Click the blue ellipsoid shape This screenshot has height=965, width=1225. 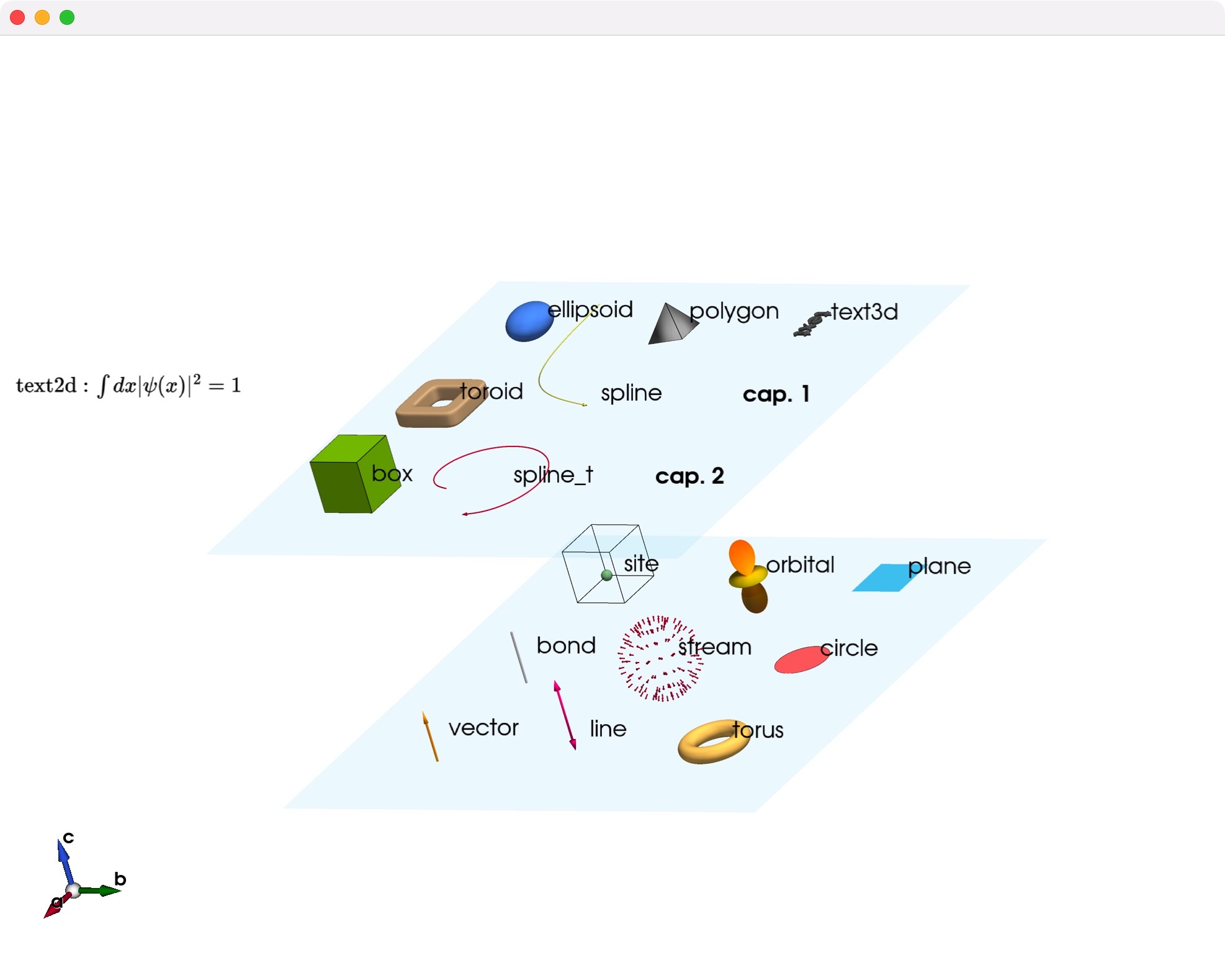529,322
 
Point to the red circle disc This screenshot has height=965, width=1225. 801,659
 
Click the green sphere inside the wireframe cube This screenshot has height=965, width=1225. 607,576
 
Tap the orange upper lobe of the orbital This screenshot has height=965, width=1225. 742,556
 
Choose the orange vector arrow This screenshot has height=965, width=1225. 430,736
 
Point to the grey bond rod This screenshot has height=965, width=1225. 519,658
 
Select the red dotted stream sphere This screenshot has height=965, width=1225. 660,659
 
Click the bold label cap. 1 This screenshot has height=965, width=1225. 776,394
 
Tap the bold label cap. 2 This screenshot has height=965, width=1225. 689,476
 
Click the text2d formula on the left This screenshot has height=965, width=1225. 128,386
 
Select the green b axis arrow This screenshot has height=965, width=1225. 99,891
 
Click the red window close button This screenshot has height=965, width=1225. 17,17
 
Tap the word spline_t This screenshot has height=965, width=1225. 553,476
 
